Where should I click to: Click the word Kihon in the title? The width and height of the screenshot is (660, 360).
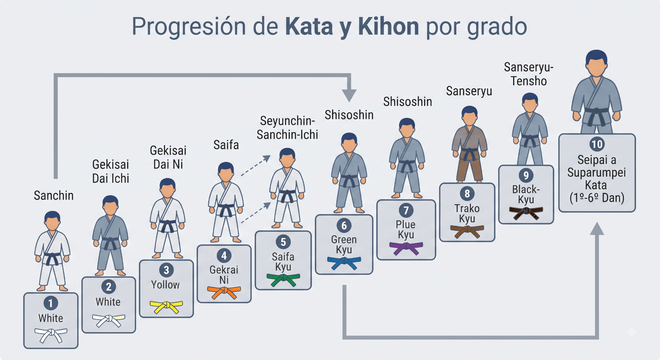tap(388, 26)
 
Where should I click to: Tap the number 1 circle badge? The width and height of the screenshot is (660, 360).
tap(51, 303)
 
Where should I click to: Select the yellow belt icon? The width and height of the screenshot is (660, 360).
tap(166, 306)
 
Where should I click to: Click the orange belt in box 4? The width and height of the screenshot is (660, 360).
tap(224, 292)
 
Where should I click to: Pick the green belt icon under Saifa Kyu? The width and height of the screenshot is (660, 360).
tap(283, 279)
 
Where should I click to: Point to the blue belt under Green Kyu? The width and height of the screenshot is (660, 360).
tap(344, 263)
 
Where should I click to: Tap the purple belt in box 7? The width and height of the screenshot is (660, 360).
tap(406, 248)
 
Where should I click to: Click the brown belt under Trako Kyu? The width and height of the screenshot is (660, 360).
tap(467, 231)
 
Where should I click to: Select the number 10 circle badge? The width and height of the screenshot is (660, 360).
tap(597, 144)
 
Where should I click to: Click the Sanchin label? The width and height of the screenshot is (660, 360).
tap(54, 196)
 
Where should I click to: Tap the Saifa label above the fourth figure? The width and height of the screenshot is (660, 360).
tap(226, 145)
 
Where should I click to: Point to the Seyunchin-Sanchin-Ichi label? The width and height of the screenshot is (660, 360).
tap(287, 128)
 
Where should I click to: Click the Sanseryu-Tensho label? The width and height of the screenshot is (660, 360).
tap(529, 74)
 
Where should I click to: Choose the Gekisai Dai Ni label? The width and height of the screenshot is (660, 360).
tap(168, 157)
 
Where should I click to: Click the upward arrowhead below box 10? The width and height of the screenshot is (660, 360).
tap(597, 229)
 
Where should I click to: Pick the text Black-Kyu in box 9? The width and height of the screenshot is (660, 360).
tap(526, 194)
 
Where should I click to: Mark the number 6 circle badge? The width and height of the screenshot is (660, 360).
tap(344, 226)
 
